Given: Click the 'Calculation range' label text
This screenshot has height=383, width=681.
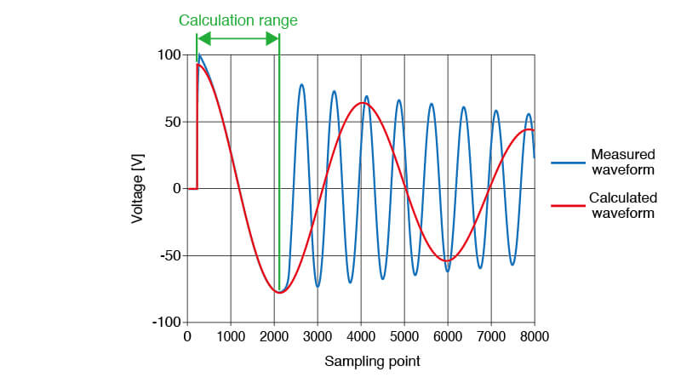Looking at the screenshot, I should click(x=237, y=20).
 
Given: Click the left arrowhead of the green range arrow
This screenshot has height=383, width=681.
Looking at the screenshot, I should click(x=201, y=38).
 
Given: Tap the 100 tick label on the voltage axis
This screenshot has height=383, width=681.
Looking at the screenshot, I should click(x=170, y=55).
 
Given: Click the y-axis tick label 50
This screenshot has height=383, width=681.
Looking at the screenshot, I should click(x=173, y=122).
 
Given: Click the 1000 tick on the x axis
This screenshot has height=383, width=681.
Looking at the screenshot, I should click(x=231, y=337).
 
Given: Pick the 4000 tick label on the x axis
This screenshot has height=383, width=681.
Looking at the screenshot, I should click(x=361, y=337).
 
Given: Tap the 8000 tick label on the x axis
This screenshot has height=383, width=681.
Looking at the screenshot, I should click(x=535, y=337).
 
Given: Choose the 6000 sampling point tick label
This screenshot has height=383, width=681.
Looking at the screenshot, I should click(x=448, y=337).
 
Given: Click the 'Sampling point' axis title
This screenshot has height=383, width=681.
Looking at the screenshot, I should click(x=372, y=361).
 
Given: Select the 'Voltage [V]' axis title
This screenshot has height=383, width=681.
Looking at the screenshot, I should click(x=138, y=188).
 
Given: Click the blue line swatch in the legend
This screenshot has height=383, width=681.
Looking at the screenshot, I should click(x=565, y=162).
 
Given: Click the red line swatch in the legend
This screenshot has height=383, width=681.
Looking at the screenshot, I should click(x=565, y=205).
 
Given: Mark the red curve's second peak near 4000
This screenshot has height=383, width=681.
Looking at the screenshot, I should click(x=362, y=103).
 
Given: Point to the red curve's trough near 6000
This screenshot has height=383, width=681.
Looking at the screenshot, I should click(x=449, y=260).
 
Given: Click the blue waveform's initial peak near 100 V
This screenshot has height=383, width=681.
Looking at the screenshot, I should click(x=200, y=56).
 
